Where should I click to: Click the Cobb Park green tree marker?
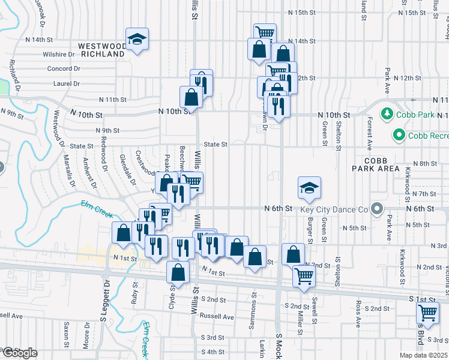387,113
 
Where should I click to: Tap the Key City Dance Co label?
337,209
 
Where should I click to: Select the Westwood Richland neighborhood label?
103,49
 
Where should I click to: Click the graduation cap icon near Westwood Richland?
137,40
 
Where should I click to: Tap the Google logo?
19,353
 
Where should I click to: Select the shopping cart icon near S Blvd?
427,311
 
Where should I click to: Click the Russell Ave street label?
217,316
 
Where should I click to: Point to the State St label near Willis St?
215,145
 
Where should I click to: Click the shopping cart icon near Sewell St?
304,277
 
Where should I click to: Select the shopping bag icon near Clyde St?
179,272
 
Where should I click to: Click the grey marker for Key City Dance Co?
376,209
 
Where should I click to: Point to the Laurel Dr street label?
66,85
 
